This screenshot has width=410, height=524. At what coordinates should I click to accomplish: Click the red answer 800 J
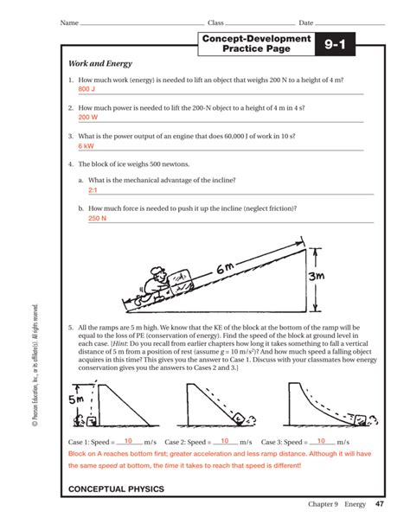[86, 89]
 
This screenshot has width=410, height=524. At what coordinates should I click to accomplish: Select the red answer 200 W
[87, 117]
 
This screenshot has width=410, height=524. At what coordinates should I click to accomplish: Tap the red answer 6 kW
[86, 146]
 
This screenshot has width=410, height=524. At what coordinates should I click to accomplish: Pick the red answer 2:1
[93, 189]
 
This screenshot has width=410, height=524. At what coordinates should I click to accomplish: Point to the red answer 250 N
[97, 219]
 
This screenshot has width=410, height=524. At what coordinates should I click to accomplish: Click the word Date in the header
[305, 22]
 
